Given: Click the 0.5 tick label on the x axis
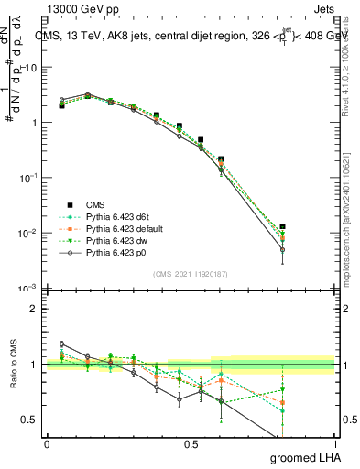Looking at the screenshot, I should point(191,443).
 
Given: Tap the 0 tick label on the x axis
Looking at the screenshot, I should point(47,443).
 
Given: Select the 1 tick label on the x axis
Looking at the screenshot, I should point(334,443).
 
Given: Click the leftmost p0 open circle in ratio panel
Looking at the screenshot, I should point(61,344).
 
